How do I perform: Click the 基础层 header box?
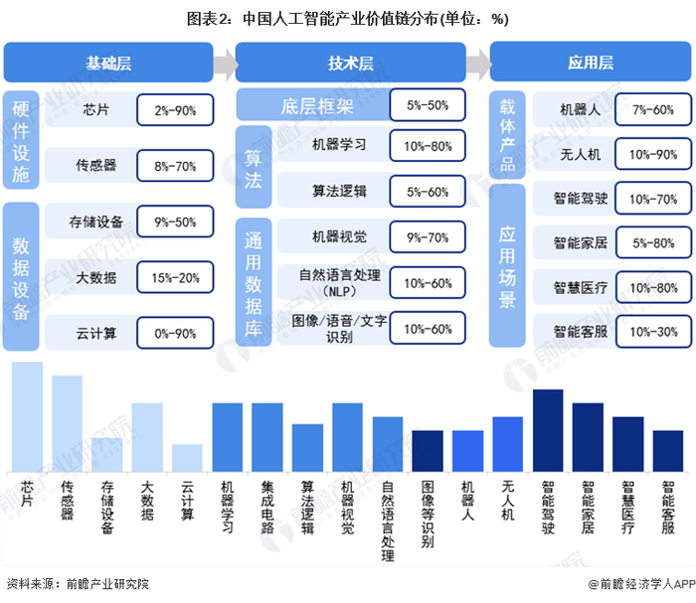[x=108, y=63]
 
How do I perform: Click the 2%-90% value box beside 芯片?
[x=175, y=109]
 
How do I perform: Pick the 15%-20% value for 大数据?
[x=175, y=278]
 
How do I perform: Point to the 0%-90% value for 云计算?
[x=175, y=334]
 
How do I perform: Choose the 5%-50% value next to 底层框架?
[x=428, y=104]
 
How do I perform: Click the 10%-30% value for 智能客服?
[x=652, y=331]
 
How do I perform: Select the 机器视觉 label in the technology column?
[x=339, y=236]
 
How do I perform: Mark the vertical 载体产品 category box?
[x=506, y=133]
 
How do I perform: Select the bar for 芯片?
[x=27, y=417]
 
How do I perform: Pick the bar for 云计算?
[x=187, y=458]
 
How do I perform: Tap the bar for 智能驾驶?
[x=548, y=431]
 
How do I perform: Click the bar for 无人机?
[x=508, y=445]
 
